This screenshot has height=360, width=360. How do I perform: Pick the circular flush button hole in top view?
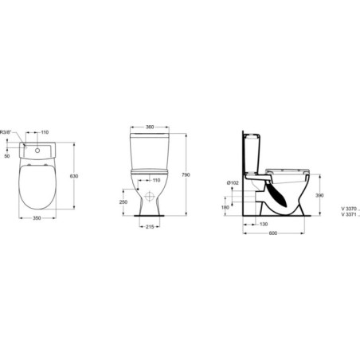point(38,148)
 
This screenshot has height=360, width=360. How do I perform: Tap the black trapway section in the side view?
point(275,196)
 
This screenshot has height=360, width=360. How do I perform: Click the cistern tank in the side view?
point(254,156)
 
